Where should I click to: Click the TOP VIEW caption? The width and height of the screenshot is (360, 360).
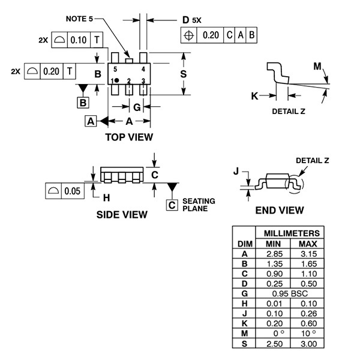129,137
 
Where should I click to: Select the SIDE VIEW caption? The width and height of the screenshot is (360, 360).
122,214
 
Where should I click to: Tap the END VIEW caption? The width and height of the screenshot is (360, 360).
279,210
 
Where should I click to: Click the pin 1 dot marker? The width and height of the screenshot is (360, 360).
117,80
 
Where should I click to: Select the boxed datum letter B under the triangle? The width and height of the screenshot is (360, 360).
83,102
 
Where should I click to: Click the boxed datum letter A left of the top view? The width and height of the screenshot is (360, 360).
91,121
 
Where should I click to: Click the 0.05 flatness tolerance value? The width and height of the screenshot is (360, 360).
73,191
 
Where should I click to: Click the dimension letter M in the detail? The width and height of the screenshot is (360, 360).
317,66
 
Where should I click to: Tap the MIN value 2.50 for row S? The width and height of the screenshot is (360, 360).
272,343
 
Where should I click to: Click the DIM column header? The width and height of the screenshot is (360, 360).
244,244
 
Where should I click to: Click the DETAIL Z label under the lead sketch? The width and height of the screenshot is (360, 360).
289,111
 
